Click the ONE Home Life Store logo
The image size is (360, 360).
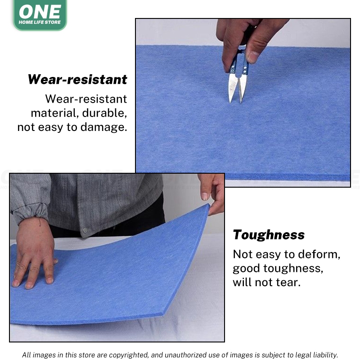pos(40,14)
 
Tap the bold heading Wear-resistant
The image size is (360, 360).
pos(77,80)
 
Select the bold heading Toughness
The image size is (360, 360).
pos(269,235)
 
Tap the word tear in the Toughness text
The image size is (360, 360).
pos(288,282)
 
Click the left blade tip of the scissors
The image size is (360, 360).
pos(230,102)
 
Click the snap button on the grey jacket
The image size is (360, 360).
pos(85,230)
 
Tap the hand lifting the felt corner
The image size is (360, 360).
pos(212,193)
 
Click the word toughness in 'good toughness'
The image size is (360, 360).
pos(293,268)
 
